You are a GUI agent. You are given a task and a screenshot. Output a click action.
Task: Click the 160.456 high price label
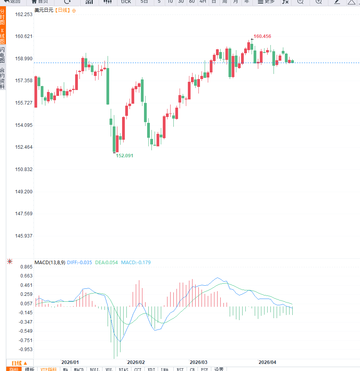262,36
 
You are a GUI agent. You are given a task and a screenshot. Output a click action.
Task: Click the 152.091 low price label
124,155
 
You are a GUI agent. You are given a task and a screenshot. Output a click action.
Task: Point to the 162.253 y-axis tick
23,14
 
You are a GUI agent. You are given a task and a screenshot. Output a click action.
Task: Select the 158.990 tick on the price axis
23,59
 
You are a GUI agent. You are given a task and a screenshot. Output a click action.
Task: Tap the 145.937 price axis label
23,236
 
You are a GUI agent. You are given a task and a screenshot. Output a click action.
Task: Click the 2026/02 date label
136,362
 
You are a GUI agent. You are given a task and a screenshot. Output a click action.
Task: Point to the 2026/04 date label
267,362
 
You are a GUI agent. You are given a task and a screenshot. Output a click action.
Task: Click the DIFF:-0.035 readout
79,263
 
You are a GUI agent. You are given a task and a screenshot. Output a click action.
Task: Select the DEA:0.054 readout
106,263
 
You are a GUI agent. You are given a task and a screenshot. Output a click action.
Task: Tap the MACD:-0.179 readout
136,263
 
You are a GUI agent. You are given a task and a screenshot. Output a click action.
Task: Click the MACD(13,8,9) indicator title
50,263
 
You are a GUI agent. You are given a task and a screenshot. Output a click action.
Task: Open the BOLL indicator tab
94,369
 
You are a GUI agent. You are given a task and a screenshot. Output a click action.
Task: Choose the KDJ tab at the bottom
151,369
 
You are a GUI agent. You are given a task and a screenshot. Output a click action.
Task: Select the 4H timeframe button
203,2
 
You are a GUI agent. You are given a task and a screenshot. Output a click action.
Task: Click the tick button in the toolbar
126,2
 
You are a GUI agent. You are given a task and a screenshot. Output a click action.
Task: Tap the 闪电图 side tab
2,55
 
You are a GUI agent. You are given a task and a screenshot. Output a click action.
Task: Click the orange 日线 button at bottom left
19,363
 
